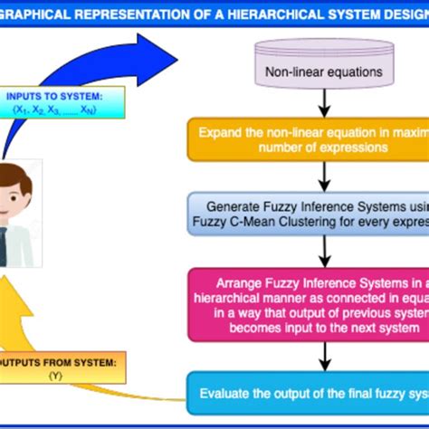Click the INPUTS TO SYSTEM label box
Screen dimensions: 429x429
tap(56, 102)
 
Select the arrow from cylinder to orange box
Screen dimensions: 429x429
tap(323, 104)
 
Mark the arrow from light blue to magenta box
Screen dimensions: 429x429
tap(323, 250)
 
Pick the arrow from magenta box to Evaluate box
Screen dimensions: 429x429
tap(323, 357)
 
